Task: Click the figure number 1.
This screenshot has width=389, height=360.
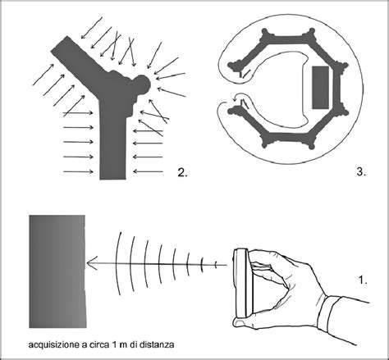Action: [x=363, y=280]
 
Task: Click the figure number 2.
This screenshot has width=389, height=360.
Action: [x=182, y=172]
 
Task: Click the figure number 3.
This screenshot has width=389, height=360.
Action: [x=361, y=172]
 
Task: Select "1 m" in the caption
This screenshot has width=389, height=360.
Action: [x=119, y=344]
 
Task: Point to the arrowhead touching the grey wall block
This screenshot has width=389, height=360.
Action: [x=91, y=263]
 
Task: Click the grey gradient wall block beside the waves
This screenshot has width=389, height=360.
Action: [x=57, y=271]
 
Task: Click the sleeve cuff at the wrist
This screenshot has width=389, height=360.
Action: [x=329, y=314]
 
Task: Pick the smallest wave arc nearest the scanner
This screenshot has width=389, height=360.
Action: [x=216, y=265]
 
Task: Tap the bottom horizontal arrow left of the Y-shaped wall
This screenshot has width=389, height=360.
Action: [x=78, y=171]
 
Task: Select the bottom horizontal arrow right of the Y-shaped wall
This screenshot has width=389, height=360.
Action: [x=148, y=171]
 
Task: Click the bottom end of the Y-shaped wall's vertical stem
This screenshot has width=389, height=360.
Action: [x=112, y=179]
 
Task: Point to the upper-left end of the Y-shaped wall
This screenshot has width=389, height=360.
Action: [x=58, y=43]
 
